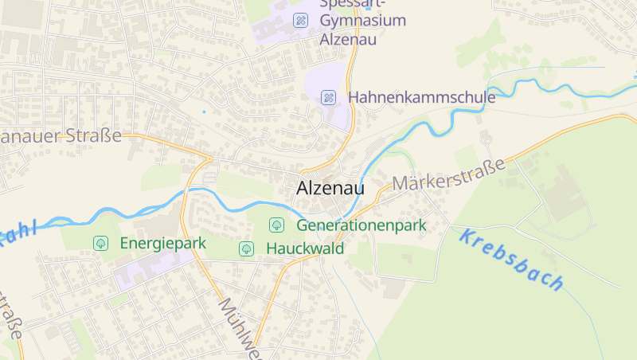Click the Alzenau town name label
point(330,189)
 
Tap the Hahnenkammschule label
point(422,97)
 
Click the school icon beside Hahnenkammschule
point(328,97)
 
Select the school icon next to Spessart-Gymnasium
point(300,20)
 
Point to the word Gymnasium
point(363,21)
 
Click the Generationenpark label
point(361,225)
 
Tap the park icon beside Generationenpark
point(276,225)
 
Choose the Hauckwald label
point(305,248)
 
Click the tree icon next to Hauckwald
point(247,249)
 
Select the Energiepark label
point(163,243)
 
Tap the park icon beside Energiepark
point(101,243)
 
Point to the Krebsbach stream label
point(513,259)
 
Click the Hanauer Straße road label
point(61,136)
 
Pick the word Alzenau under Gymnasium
point(347,39)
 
